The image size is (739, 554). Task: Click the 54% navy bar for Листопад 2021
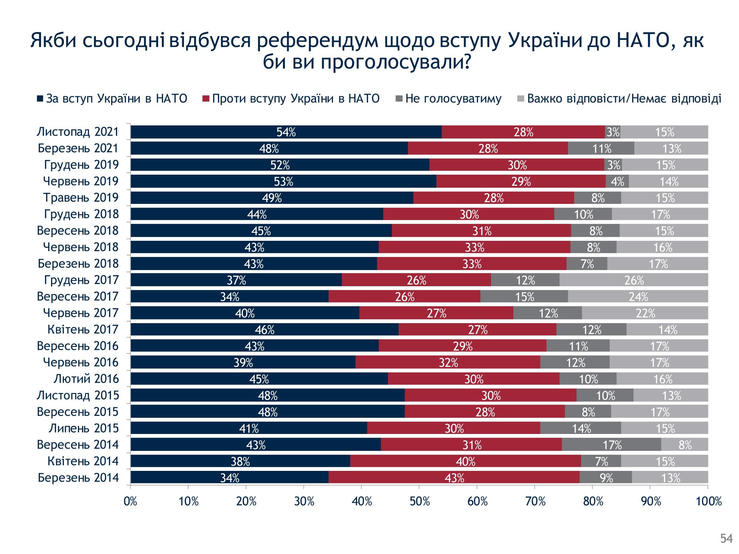pos(286,132)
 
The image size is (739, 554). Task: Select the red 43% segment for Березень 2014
pos(454,478)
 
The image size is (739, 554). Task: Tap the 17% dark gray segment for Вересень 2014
pos(612,445)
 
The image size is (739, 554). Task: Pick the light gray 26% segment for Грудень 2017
pos(634,280)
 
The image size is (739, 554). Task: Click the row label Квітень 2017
pos(83,329)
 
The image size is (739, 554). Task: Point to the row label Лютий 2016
pos(86,379)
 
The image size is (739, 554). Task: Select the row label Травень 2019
pos(81,198)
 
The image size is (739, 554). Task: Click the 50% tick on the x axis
pos(419,502)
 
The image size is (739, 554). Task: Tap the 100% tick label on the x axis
pos(708,502)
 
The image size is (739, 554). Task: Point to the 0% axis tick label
pos(131,502)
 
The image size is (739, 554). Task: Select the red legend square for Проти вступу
pos(206,99)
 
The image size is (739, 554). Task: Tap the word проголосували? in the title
pos(395,63)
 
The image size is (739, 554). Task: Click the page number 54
pos(726,539)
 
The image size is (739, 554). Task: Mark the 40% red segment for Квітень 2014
pos(465,461)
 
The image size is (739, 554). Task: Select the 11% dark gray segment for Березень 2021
pos(601,148)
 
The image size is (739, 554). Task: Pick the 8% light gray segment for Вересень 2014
pos(685,445)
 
